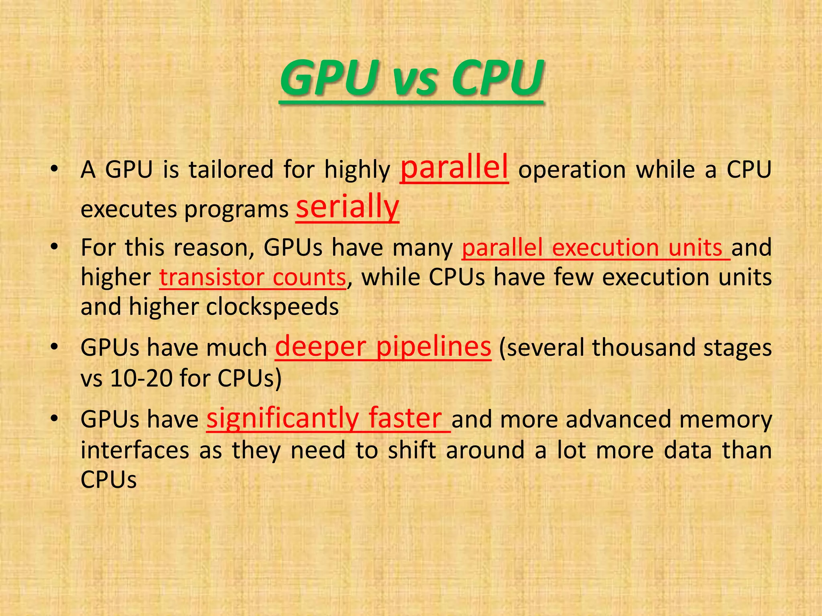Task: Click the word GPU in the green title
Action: point(326,78)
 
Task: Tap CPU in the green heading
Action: point(498,78)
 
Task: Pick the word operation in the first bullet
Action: point(572,170)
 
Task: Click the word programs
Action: point(236,210)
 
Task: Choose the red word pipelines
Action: point(433,347)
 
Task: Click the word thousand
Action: point(643,348)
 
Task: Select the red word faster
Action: point(405,419)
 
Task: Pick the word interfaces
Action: point(135,450)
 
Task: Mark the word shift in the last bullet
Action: point(412,450)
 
